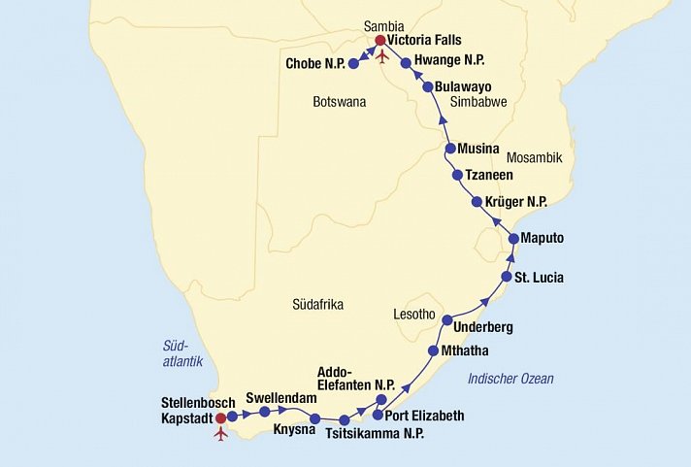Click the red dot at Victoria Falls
point(380,41)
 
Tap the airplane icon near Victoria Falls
point(381,55)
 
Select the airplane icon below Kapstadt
point(221,433)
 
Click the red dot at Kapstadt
point(220,418)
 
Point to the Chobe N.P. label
point(313,64)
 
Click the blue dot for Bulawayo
point(427,86)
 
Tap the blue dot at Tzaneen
point(458,175)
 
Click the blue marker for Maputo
point(513,238)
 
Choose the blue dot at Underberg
point(447,319)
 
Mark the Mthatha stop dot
point(434,350)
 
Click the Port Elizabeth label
point(425,416)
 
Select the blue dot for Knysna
point(314,418)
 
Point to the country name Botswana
point(338,101)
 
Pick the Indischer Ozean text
point(510,379)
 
